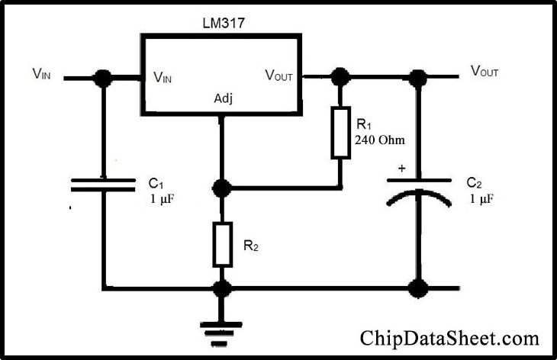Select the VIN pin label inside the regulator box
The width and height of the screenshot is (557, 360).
coord(168,76)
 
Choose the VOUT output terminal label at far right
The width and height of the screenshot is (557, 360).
coord(485,72)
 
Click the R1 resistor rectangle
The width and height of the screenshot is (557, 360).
coord(340,133)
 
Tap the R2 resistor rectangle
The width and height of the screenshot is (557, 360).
coord(222,244)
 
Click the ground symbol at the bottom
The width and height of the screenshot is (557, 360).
coord(222,329)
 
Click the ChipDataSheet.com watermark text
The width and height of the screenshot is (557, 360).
coord(449,337)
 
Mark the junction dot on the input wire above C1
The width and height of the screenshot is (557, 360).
coord(101,77)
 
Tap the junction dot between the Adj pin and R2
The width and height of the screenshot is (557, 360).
coord(222,188)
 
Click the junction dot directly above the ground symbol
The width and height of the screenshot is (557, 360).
coord(222,289)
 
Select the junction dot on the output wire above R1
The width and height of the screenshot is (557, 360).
coord(340,76)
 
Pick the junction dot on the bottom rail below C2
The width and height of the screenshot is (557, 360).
coord(417,289)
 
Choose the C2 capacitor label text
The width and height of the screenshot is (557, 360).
coord(474,183)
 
